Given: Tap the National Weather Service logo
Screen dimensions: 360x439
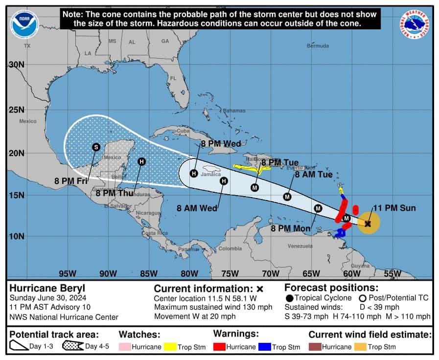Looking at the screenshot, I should click(x=414, y=24).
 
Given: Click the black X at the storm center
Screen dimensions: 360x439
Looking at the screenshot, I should click(x=368, y=224).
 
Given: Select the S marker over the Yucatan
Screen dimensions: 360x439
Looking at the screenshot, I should click(x=96, y=147).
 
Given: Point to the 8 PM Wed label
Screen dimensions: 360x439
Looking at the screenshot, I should click(x=221, y=144).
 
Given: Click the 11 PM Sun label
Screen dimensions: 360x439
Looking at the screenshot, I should click(x=394, y=208).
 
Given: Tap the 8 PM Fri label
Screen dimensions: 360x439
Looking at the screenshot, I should click(x=71, y=181).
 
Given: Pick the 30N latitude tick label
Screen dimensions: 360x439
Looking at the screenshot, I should click(x=16, y=65).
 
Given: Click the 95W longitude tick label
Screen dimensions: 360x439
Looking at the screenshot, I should click(x=67, y=273).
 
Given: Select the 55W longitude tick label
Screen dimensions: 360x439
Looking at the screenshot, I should click(x=392, y=273).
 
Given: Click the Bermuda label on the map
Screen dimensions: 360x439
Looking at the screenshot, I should click(x=318, y=46).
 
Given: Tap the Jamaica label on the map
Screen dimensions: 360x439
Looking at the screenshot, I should click(x=211, y=174).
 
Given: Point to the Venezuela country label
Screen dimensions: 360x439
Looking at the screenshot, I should click(x=300, y=246).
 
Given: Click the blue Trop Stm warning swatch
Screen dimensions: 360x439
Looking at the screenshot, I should click(x=266, y=347).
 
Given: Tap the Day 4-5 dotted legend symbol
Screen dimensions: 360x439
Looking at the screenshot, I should click(x=72, y=346).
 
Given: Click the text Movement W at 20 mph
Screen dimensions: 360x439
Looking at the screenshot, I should click(x=195, y=316).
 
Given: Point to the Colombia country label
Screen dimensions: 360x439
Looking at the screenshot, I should click(x=230, y=248).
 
